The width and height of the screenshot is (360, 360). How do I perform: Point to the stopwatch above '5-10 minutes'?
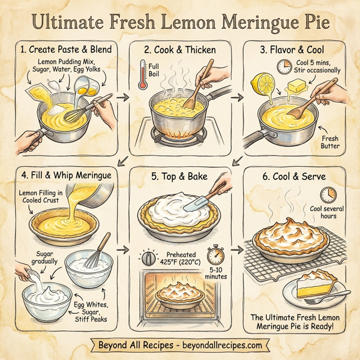point(217,256)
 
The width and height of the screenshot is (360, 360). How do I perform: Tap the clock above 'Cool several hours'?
point(328,194)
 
